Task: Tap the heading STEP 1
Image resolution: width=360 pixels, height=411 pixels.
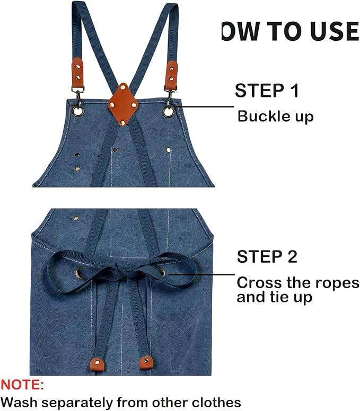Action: (x=267, y=90)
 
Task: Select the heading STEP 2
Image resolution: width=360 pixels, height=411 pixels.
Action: (x=267, y=257)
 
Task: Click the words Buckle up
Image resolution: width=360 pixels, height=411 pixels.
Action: (x=275, y=116)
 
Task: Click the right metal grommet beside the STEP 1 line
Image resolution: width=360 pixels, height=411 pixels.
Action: (x=169, y=111)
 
